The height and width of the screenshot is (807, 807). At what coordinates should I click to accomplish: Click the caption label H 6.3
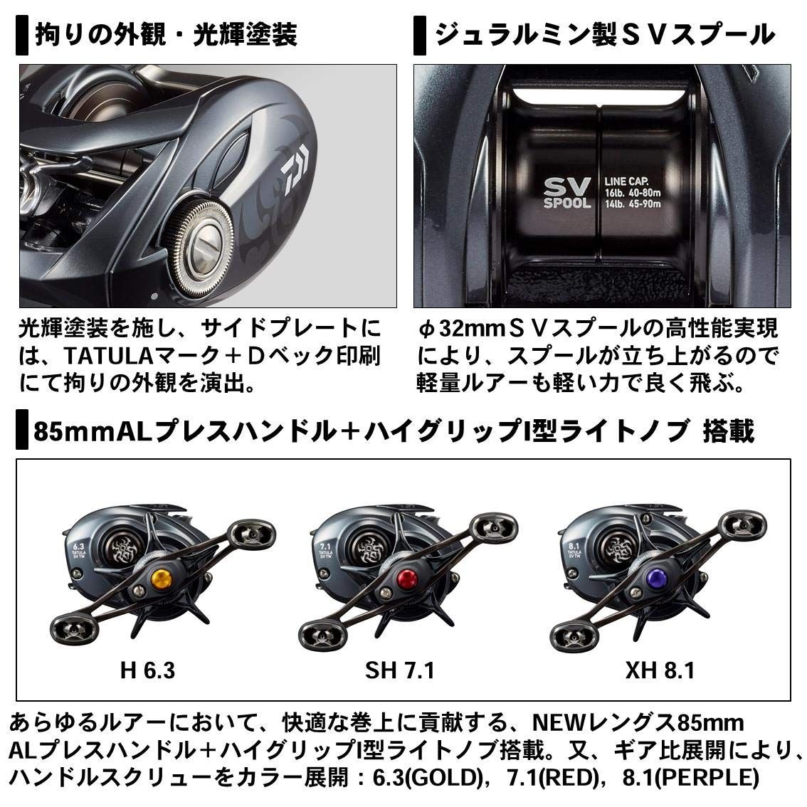pyautogui.click(x=148, y=670)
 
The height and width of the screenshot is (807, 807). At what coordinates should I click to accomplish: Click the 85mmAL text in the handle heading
pyautogui.click(x=76, y=431)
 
